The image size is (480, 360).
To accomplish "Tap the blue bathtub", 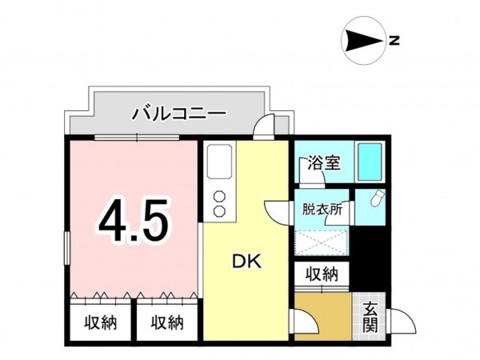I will click(x=370, y=162).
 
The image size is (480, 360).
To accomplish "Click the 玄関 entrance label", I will click(x=370, y=318).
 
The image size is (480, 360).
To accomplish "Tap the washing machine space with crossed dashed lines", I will click(x=322, y=242).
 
